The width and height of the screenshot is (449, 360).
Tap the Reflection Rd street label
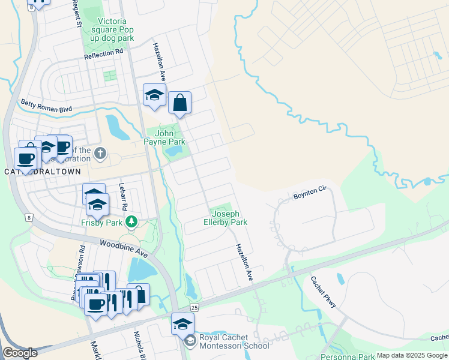pyautogui.click(x=103, y=53)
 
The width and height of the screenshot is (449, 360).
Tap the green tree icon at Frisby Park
pyautogui.click(x=131, y=223)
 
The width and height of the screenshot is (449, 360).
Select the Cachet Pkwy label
pyautogui.click(x=323, y=293)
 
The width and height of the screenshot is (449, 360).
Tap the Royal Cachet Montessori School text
pyautogui.click(x=235, y=341)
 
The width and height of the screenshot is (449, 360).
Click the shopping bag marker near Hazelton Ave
pyautogui.click(x=179, y=103)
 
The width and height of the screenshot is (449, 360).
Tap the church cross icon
pyautogui.click(x=100, y=154)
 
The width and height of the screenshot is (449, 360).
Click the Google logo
pyautogui.click(x=20, y=353)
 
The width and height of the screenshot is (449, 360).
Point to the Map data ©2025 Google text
pyautogui.click(x=412, y=355)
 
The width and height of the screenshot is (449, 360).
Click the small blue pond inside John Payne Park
pyautogui.click(x=173, y=151)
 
